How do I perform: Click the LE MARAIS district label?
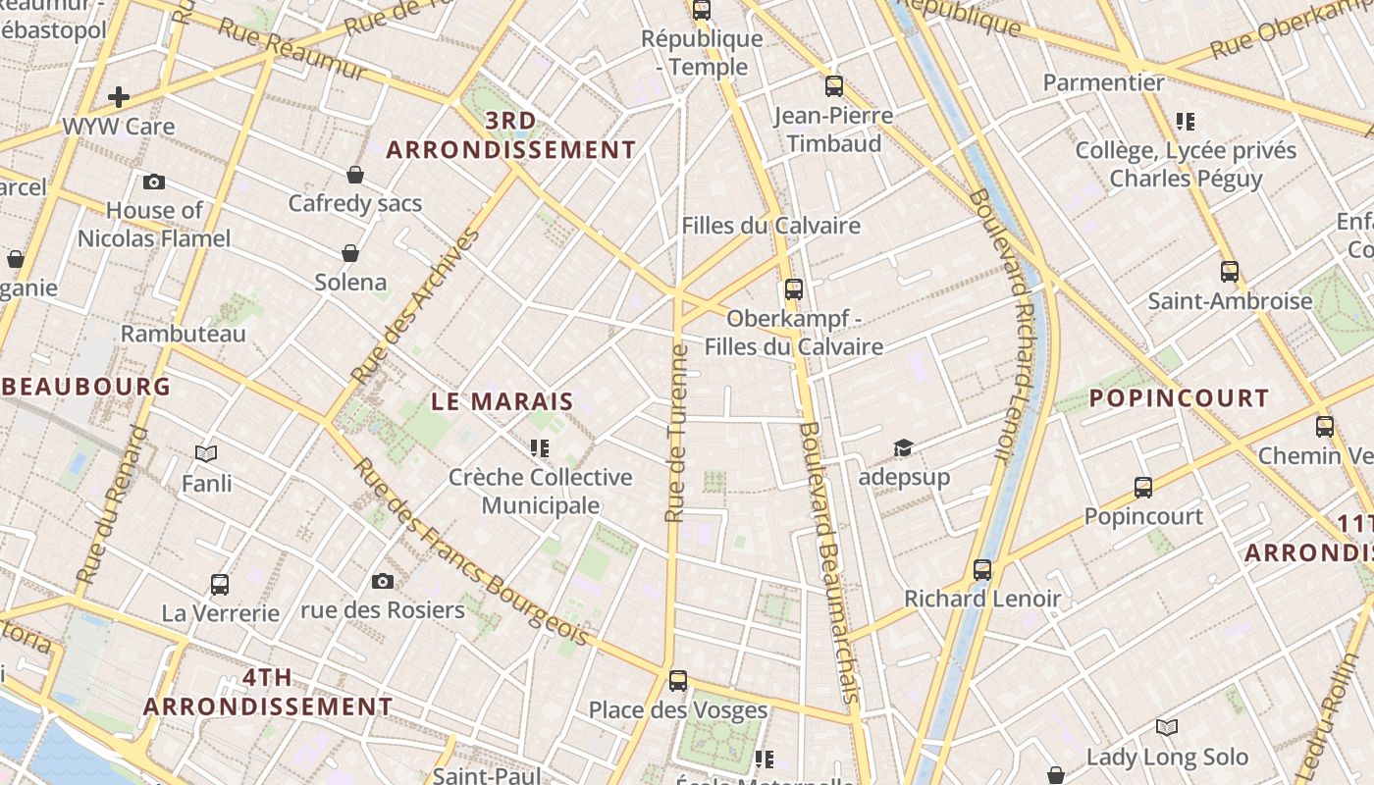[x=502, y=401]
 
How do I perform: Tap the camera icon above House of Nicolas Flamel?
[x=154, y=182]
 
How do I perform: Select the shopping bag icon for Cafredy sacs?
[x=355, y=175]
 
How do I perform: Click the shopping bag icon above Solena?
[x=350, y=253]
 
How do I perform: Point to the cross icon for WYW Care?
[x=119, y=97]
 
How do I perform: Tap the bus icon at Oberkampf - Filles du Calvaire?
[x=793, y=289]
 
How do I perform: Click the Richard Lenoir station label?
[x=982, y=599]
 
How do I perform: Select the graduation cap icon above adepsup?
[x=903, y=448]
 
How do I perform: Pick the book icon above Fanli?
[x=206, y=453]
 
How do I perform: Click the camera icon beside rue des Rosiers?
[x=383, y=581]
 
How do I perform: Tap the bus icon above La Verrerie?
[x=220, y=585]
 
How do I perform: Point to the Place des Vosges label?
[x=678, y=709]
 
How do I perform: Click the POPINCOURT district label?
[x=1180, y=398]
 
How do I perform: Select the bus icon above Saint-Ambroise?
[x=1230, y=272]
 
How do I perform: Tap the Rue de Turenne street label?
[x=676, y=433]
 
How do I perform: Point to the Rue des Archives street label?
[x=416, y=306]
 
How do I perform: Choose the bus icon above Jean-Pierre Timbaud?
[x=834, y=86]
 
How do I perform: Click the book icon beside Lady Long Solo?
[x=1167, y=727]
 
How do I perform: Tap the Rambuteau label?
[x=184, y=334]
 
